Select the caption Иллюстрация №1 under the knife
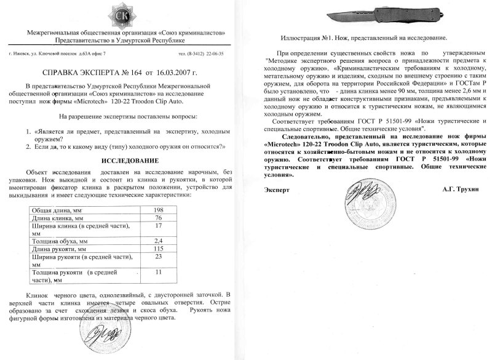tap(362, 38)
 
